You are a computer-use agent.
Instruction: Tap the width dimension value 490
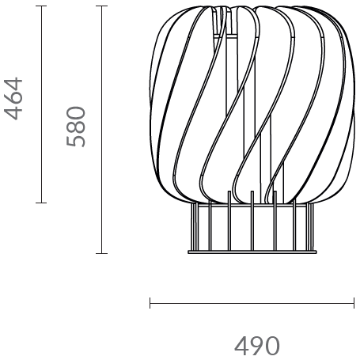pyautogui.click(x=256, y=346)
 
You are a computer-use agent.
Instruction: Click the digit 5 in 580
pyautogui.click(x=75, y=140)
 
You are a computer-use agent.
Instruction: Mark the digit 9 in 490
pyautogui.click(x=256, y=346)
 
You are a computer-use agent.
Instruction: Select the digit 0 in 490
pyautogui.click(x=272, y=346)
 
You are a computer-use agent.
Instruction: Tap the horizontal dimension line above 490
pyautogui.click(x=252, y=302)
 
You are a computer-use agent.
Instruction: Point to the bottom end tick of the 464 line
pyautogui.click(x=41, y=203)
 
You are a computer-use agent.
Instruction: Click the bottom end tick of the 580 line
pyautogui.click(x=101, y=253)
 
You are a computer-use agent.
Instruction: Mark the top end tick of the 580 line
pyautogui.click(x=101, y=6)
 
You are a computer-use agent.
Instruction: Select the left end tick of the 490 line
pyautogui.click(x=150, y=302)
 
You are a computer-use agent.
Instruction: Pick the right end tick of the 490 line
pyautogui.click(x=354, y=302)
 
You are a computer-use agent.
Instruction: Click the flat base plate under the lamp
pyautogui.click(x=252, y=252)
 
